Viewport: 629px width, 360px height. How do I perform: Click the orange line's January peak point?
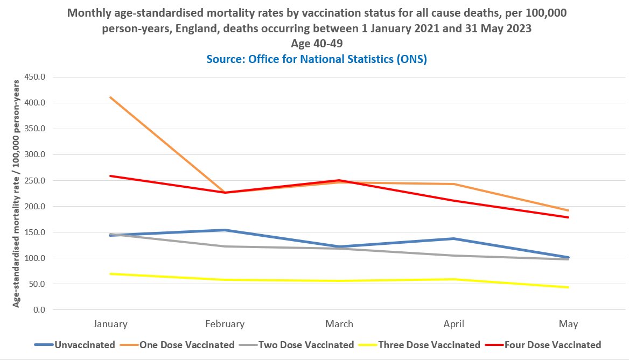click(110, 97)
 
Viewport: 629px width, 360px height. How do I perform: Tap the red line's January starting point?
click(110, 176)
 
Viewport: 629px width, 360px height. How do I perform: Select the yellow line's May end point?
click(568, 287)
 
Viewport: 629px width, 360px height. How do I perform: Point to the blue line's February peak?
click(225, 230)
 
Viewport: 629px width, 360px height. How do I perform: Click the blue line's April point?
click(454, 238)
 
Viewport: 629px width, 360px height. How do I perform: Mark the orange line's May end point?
click(568, 210)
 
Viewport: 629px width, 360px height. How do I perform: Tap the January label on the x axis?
click(110, 324)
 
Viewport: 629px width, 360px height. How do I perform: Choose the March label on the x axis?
click(339, 324)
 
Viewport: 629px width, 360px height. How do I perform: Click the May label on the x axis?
click(568, 324)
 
